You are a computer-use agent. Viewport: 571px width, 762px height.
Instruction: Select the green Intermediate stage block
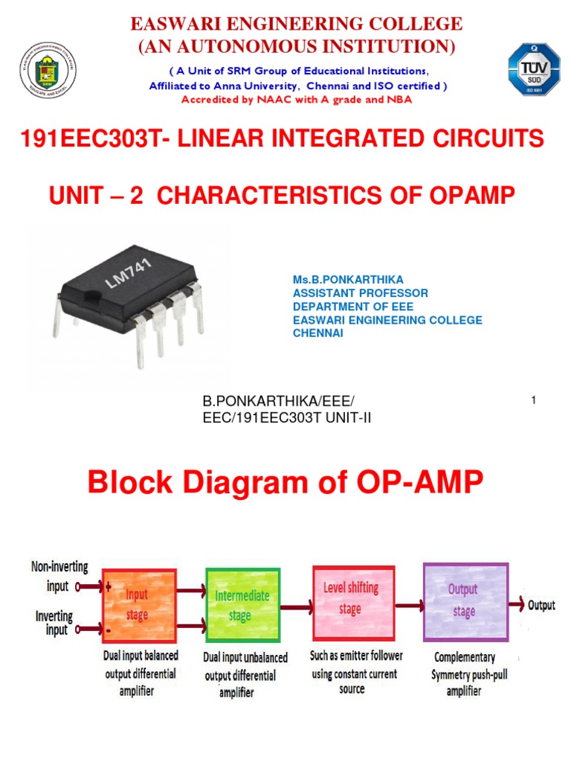coord(242,606)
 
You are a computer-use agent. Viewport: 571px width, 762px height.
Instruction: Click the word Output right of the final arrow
coord(541,606)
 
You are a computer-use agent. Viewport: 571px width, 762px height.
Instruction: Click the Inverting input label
coord(54,623)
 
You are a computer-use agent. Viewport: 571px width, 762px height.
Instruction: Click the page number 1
coord(534,401)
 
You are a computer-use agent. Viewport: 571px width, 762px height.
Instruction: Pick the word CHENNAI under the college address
coord(318,333)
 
